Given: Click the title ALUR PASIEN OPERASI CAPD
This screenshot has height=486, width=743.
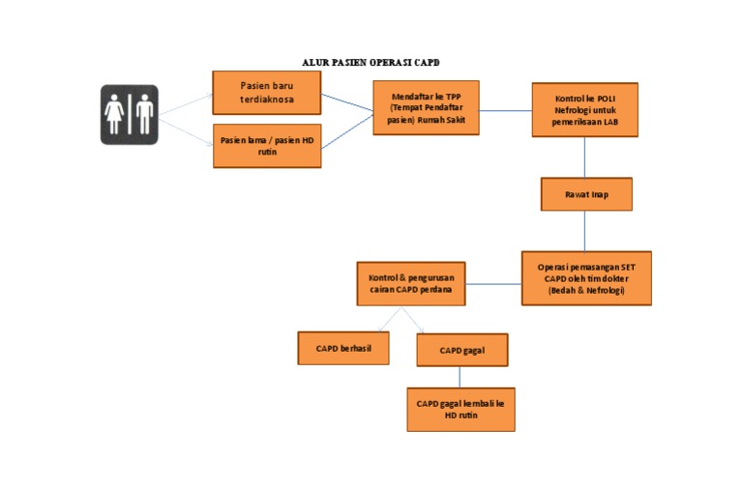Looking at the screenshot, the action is click(371, 63).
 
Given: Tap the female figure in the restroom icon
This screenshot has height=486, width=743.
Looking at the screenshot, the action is click(114, 114).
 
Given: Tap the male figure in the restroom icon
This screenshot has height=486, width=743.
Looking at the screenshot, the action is click(144, 114).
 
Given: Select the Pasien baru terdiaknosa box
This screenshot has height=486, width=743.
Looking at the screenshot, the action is click(267, 93).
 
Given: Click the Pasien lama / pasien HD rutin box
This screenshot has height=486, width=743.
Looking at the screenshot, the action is click(267, 146).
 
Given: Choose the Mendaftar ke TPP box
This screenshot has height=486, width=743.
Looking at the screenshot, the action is click(426, 108).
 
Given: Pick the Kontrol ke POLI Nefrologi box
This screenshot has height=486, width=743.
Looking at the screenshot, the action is click(584, 110).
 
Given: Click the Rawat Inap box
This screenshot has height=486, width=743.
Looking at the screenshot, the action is click(586, 194).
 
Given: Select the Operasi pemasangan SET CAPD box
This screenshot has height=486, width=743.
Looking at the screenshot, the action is click(586, 278).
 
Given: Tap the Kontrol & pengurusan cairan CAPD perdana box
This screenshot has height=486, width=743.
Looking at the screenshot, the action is click(411, 283).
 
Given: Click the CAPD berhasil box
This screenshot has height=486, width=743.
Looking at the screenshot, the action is click(343, 348).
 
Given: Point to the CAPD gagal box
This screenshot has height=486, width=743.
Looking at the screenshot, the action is click(462, 350).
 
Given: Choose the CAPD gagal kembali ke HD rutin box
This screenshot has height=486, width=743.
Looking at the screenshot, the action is click(461, 410).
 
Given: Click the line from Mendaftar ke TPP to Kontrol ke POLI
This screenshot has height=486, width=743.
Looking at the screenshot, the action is click(506, 111).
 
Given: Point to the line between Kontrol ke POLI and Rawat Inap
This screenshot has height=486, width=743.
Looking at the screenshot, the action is click(584, 157).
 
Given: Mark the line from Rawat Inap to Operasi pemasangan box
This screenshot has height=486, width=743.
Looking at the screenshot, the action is click(584, 231).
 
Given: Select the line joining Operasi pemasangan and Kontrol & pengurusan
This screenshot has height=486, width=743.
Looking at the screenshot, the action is click(493, 284).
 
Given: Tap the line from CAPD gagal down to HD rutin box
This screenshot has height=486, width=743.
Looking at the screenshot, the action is click(460, 377).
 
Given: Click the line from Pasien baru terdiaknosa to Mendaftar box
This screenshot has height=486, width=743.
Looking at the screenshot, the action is click(347, 102).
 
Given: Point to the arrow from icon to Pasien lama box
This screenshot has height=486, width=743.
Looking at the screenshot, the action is click(186, 132).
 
